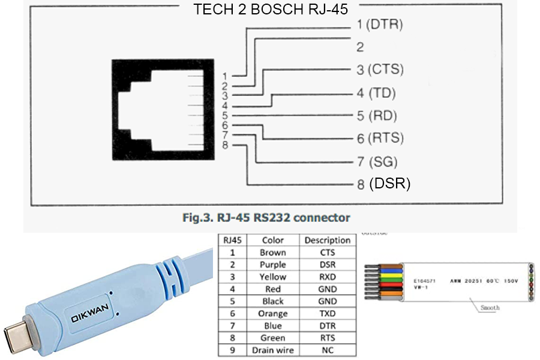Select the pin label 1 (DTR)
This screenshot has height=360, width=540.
pyautogui.click(x=379, y=25)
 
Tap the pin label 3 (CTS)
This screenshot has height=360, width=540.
pyautogui.click(x=380, y=70)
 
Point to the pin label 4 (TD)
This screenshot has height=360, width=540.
pyautogui.click(x=376, y=93)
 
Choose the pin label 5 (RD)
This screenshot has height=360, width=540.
pyautogui.click(x=377, y=116)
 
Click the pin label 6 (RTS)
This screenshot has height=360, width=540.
pyautogui.click(x=380, y=139)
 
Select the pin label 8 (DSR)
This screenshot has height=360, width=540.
pyautogui.click(x=383, y=184)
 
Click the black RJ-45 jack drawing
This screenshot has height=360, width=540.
pyautogui.click(x=161, y=110)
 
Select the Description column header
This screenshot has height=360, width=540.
pyautogui.click(x=327, y=240)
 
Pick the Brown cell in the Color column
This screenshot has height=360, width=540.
pyautogui.click(x=272, y=253)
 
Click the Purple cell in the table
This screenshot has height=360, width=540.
pyautogui.click(x=272, y=265)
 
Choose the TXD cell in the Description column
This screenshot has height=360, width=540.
pyautogui.click(x=327, y=314)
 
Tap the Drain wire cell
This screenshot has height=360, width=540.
pyautogui.click(x=272, y=350)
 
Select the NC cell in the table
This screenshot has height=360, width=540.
pyautogui.click(x=327, y=350)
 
